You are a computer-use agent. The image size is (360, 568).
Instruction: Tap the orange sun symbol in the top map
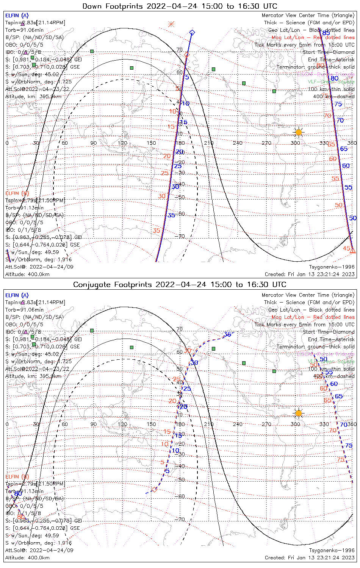pos(299,132)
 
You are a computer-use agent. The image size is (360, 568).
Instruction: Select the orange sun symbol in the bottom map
pos(299,413)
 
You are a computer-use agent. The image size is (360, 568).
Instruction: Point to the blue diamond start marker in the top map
pos(192,33)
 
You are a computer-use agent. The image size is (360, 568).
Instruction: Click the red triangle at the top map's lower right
pos(352,251)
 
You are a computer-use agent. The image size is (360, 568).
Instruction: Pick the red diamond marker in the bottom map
pos(154,490)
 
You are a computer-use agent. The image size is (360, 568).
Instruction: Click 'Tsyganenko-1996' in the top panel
pos(332,267)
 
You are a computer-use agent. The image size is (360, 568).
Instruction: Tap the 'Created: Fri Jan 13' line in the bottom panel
pos(310,557)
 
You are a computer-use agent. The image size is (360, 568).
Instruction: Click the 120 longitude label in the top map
pos(122,143)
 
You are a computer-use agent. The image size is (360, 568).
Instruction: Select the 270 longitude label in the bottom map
pos(266,424)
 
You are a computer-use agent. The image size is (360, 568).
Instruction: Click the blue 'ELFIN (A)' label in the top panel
pos(17,16)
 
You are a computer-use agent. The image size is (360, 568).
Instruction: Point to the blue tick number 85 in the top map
pos(326,33)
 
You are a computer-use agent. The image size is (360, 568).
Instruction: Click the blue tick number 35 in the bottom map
pos(227,334)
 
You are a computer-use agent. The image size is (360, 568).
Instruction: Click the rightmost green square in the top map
pos(274,91)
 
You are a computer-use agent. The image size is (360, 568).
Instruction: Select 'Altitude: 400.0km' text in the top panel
pos(27,275)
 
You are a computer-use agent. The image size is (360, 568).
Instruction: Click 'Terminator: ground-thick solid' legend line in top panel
pos(315,67)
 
